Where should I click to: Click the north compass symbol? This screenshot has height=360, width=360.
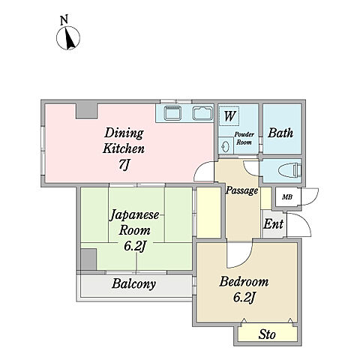68,38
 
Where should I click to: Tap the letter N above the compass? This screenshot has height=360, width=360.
64,19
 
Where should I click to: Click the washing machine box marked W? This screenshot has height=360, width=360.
229,115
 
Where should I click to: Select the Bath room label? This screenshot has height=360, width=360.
280,133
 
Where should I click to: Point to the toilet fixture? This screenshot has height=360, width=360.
291,170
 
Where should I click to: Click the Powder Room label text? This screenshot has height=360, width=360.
244,138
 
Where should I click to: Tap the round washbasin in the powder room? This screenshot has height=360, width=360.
226,146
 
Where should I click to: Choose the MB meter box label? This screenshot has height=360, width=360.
287,197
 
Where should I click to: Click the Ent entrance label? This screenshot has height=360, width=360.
273,224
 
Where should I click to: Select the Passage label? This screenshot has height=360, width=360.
241,190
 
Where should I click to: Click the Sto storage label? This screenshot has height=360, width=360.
267,334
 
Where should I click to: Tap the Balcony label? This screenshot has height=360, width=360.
133,283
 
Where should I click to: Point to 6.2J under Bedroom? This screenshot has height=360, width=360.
244,298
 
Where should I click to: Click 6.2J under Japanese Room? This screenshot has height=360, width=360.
135,246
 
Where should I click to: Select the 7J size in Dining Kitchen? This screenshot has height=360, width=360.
124,164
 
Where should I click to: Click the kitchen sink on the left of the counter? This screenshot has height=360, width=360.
172,113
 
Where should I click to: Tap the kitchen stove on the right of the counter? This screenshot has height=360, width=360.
202,113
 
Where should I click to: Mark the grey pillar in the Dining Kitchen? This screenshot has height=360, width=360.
86,110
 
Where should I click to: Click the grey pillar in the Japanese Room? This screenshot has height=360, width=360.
88,259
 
